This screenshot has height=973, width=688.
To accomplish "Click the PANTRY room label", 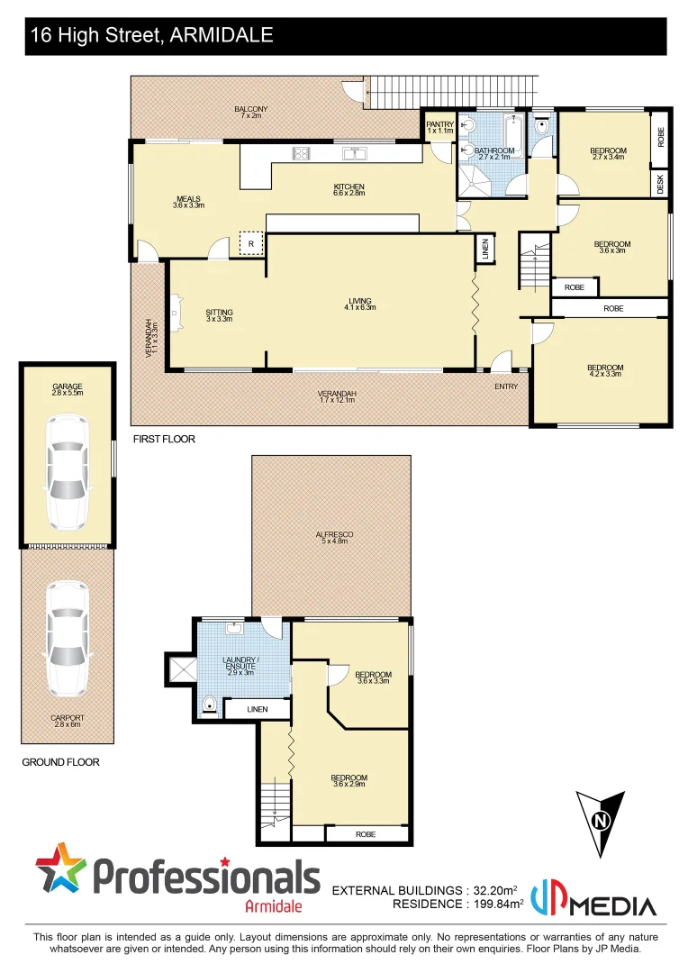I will pyautogui.click(x=439, y=128).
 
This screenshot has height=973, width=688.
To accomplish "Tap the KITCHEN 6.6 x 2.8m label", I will pyautogui.click(x=348, y=191).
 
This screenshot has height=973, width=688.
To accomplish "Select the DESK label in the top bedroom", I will pyautogui.click(x=660, y=184).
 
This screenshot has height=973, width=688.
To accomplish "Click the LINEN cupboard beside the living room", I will pyautogui.click(x=484, y=250).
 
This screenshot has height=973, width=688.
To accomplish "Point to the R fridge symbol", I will pyautogui.click(x=251, y=244).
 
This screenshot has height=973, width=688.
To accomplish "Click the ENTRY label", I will pyautogui.click(x=506, y=386).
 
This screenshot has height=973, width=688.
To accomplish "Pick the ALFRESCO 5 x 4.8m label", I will pyautogui.click(x=334, y=538).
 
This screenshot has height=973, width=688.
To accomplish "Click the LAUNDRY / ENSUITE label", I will pyautogui.click(x=245, y=666).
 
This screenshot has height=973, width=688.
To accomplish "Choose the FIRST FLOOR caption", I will pyautogui.click(x=164, y=440).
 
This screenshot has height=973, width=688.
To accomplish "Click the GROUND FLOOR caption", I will pyautogui.click(x=60, y=762).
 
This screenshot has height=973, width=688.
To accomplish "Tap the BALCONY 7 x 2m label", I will pyautogui.click(x=250, y=113).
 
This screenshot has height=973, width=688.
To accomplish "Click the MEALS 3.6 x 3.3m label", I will pyautogui.click(x=188, y=202).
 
